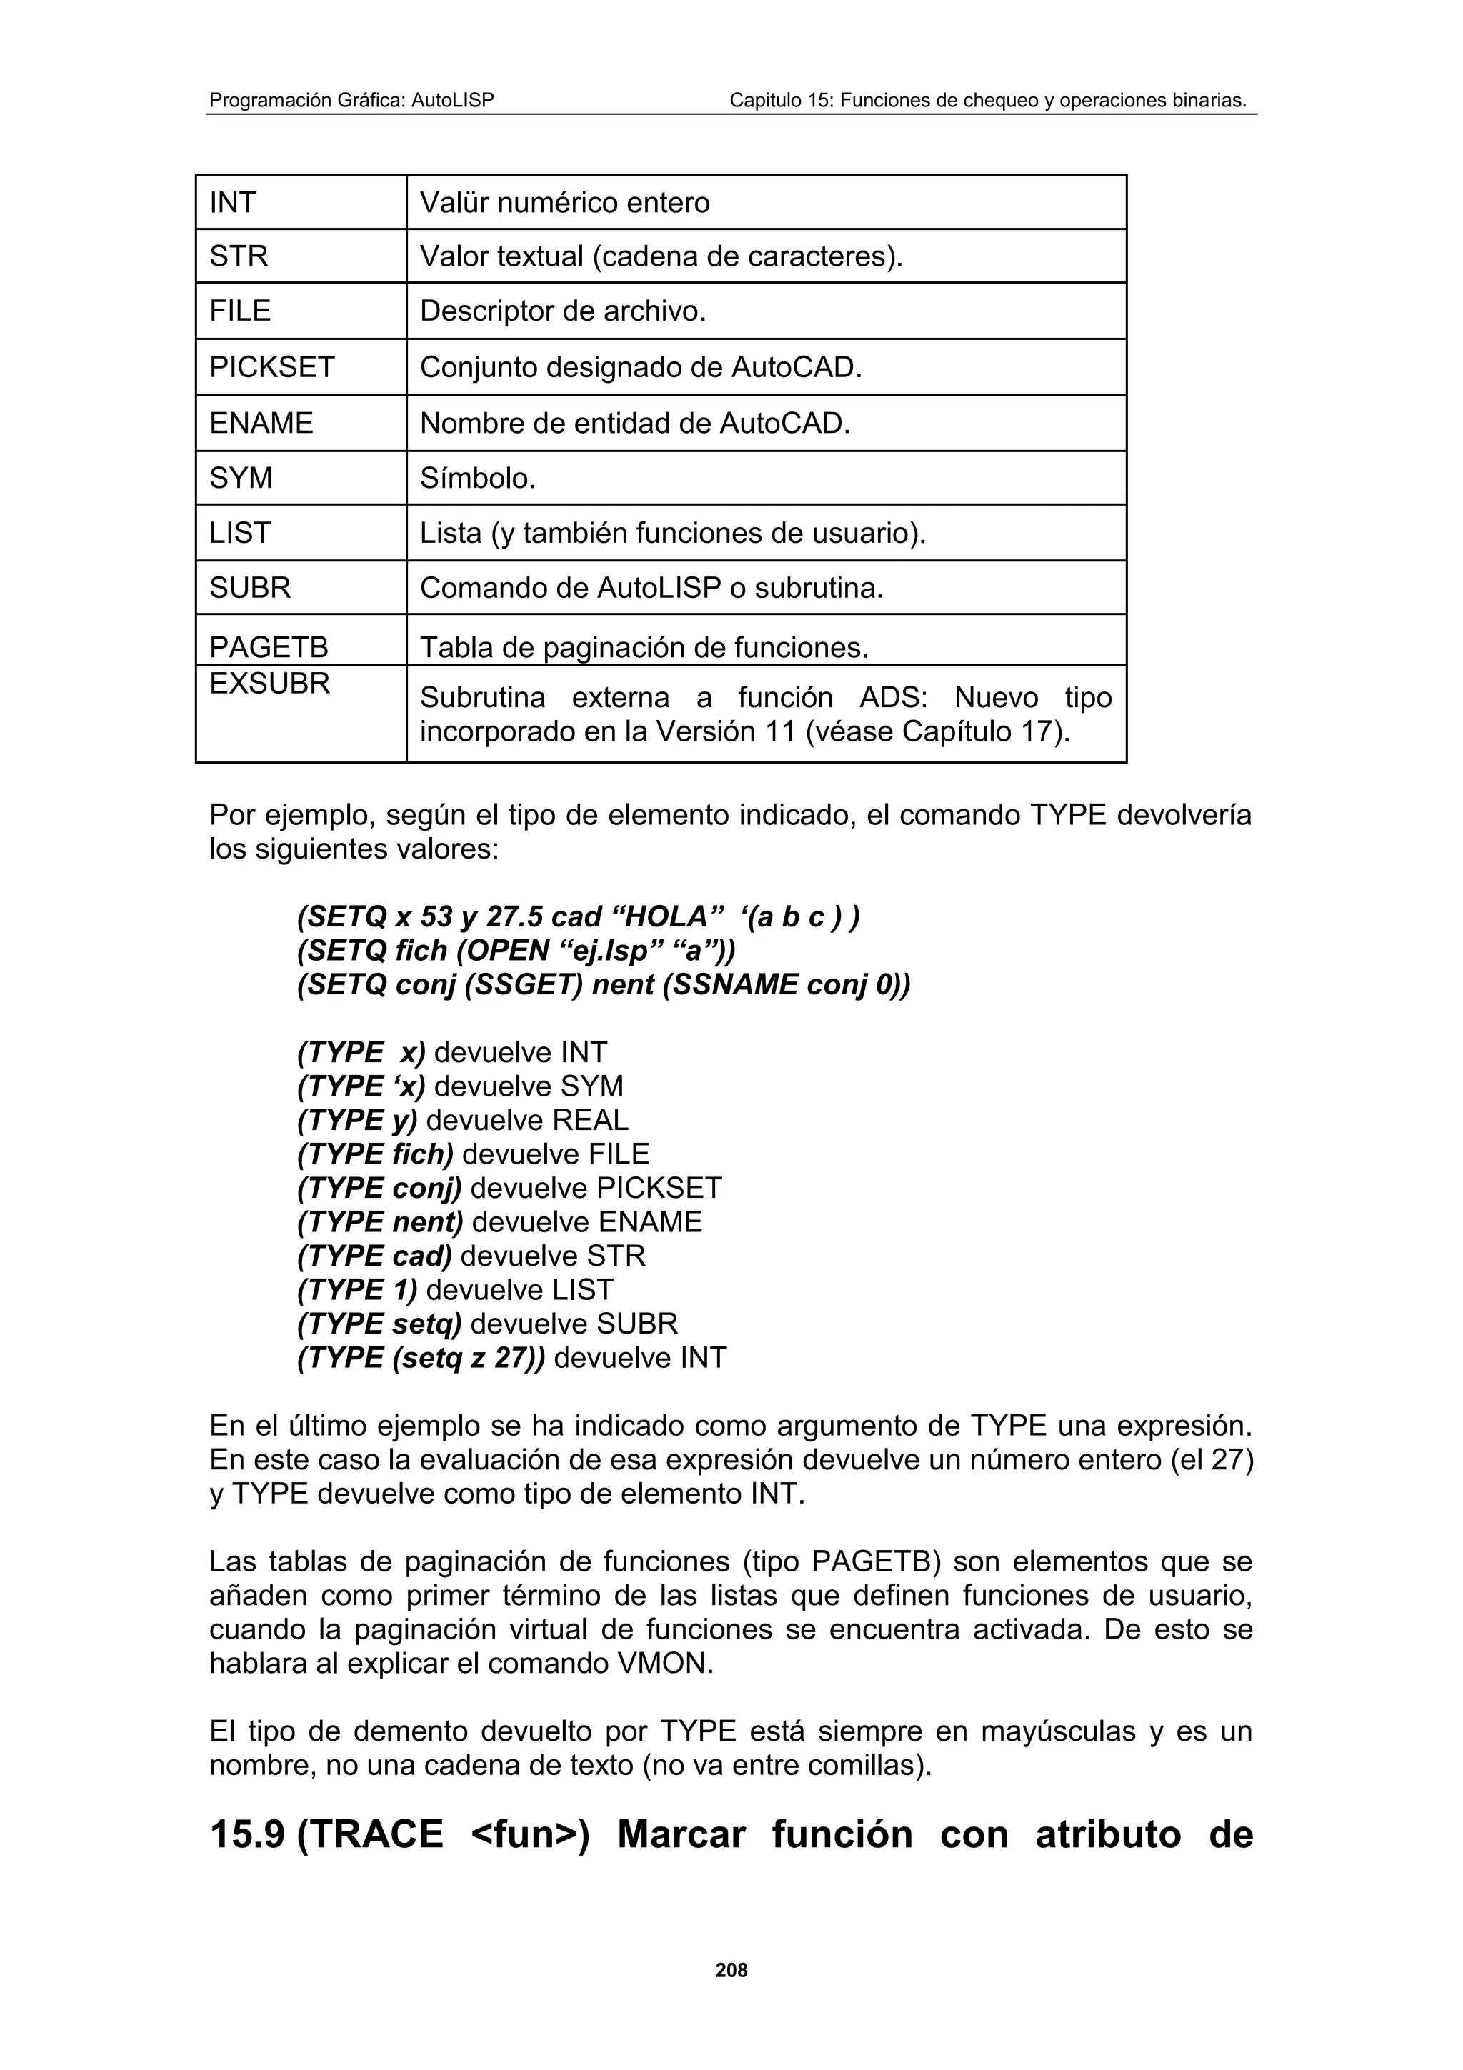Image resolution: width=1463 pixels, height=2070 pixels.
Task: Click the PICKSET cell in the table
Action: tap(271, 367)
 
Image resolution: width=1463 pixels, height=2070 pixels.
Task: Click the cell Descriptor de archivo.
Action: tap(562, 311)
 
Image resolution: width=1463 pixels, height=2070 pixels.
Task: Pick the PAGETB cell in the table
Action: tap(269, 647)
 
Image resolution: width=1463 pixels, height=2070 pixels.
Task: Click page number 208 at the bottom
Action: tap(731, 1971)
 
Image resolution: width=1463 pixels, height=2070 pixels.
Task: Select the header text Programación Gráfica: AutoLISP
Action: tap(351, 100)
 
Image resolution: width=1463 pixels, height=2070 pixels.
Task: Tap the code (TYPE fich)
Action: tap(375, 1154)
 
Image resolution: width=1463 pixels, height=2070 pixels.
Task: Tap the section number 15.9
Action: tap(247, 1835)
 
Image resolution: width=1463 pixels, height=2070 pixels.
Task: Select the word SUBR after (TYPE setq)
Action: tap(636, 1324)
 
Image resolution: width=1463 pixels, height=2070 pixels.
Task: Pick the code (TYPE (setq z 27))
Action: tap(421, 1358)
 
